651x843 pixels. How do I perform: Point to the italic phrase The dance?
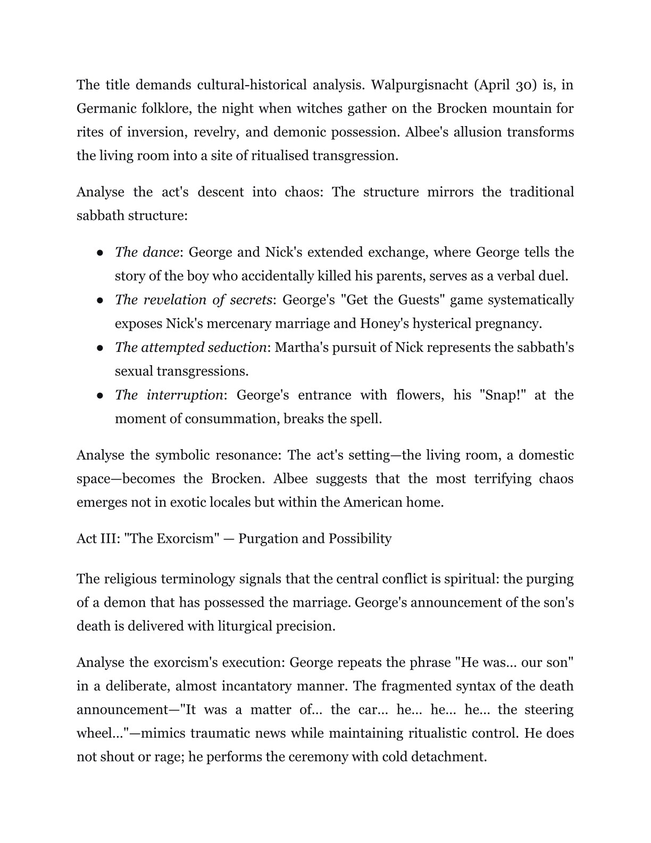point(147,252)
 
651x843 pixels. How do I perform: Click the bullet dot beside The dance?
point(100,253)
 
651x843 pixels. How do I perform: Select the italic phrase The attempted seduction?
point(190,348)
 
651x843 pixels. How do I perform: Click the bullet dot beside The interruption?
point(100,395)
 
